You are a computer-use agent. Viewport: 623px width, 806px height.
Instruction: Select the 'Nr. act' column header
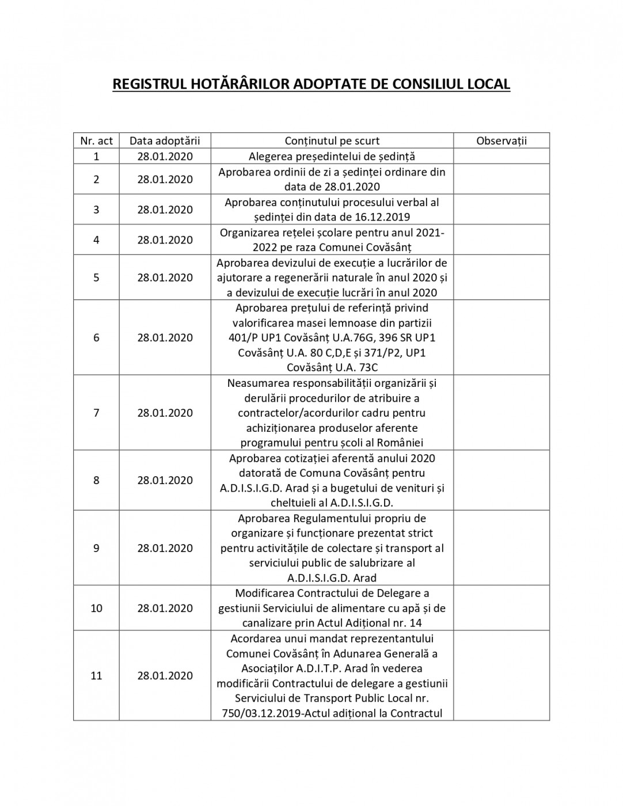96,141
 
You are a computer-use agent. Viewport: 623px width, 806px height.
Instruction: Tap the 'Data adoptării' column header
165,141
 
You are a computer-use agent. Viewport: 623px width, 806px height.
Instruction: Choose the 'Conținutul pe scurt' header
332,141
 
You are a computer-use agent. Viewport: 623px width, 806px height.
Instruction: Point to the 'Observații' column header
502,141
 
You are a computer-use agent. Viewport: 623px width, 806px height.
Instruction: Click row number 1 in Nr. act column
96,157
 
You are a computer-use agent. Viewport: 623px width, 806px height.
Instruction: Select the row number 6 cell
96,338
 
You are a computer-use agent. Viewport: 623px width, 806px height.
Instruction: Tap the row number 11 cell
96,676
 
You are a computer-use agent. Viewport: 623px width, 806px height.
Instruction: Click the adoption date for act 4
165,240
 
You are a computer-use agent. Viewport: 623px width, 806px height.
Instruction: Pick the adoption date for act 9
165,548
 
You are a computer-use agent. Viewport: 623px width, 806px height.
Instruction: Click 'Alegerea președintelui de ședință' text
332,157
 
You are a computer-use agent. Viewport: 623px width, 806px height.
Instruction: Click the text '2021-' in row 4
430,233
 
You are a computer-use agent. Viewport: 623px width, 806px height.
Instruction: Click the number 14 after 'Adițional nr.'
416,623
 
